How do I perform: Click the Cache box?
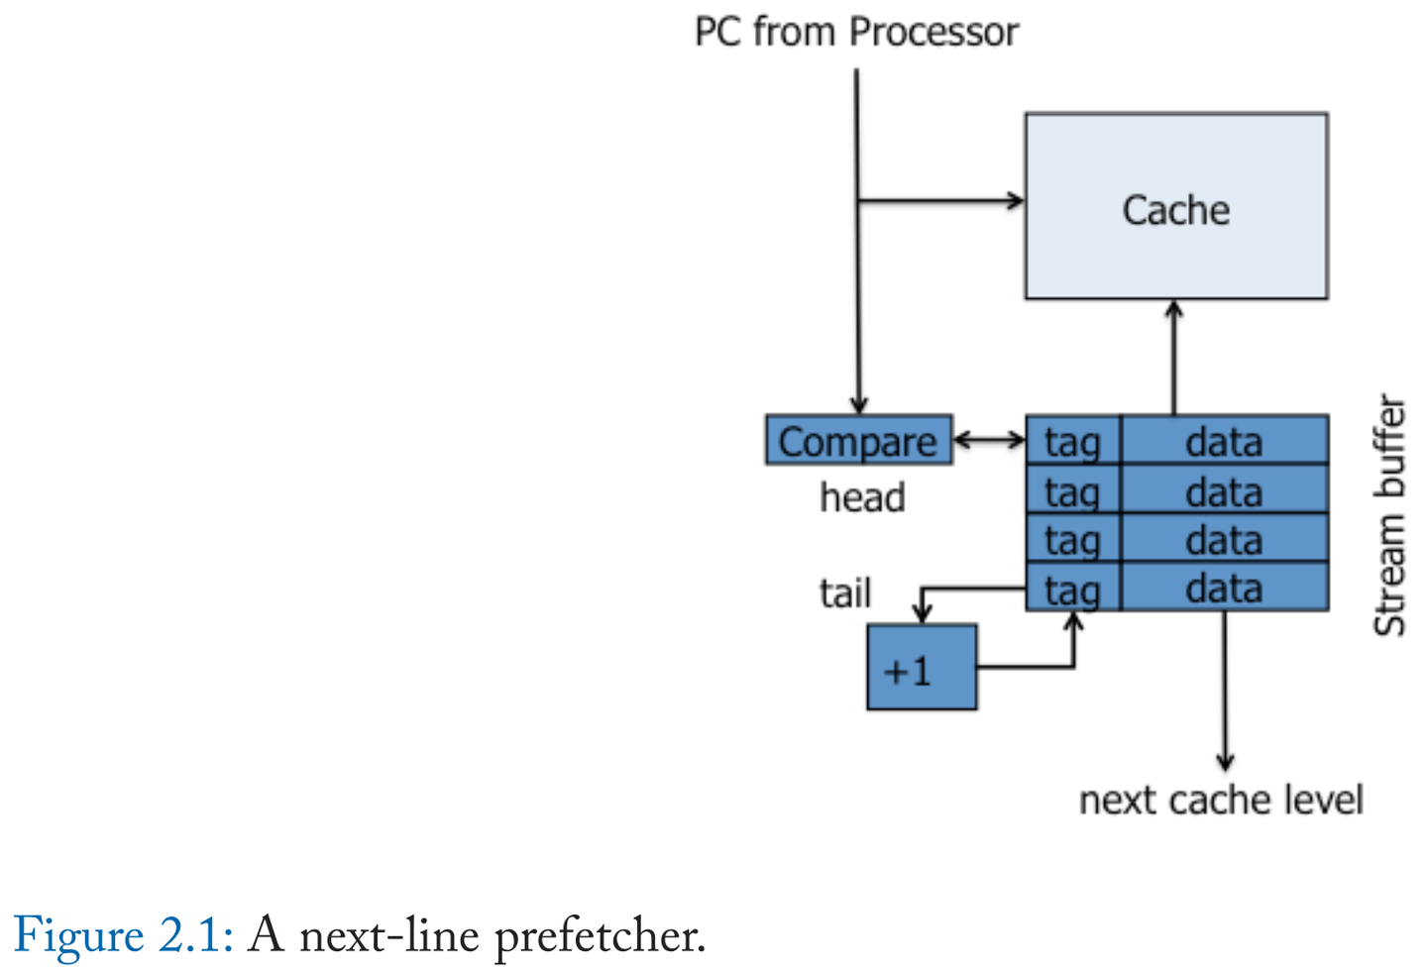pyautogui.click(x=1175, y=206)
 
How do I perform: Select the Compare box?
pyautogui.click(x=858, y=441)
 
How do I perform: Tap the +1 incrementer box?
pyautogui.click(x=921, y=668)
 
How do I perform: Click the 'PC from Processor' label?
pyautogui.click(x=856, y=32)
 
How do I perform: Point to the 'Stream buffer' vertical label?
pyautogui.click(x=1389, y=515)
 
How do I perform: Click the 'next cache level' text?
pyautogui.click(x=1220, y=800)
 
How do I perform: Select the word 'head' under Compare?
pyautogui.click(x=862, y=497)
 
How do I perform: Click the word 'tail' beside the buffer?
pyautogui.click(x=845, y=593)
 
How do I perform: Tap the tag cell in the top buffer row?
pyautogui.click(x=1072, y=441)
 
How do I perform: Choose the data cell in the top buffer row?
pyautogui.click(x=1224, y=441)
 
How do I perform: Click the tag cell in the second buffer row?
pyautogui.click(x=1072, y=490)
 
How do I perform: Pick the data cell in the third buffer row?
pyautogui.click(x=1224, y=539)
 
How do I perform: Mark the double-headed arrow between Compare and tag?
pyautogui.click(x=988, y=439)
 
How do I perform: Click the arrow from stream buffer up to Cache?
pyautogui.click(x=1174, y=357)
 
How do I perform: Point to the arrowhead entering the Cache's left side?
pyautogui.click(x=1015, y=201)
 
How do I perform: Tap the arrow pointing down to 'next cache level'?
pyautogui.click(x=1225, y=694)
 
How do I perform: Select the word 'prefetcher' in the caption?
pyautogui.click(x=599, y=935)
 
